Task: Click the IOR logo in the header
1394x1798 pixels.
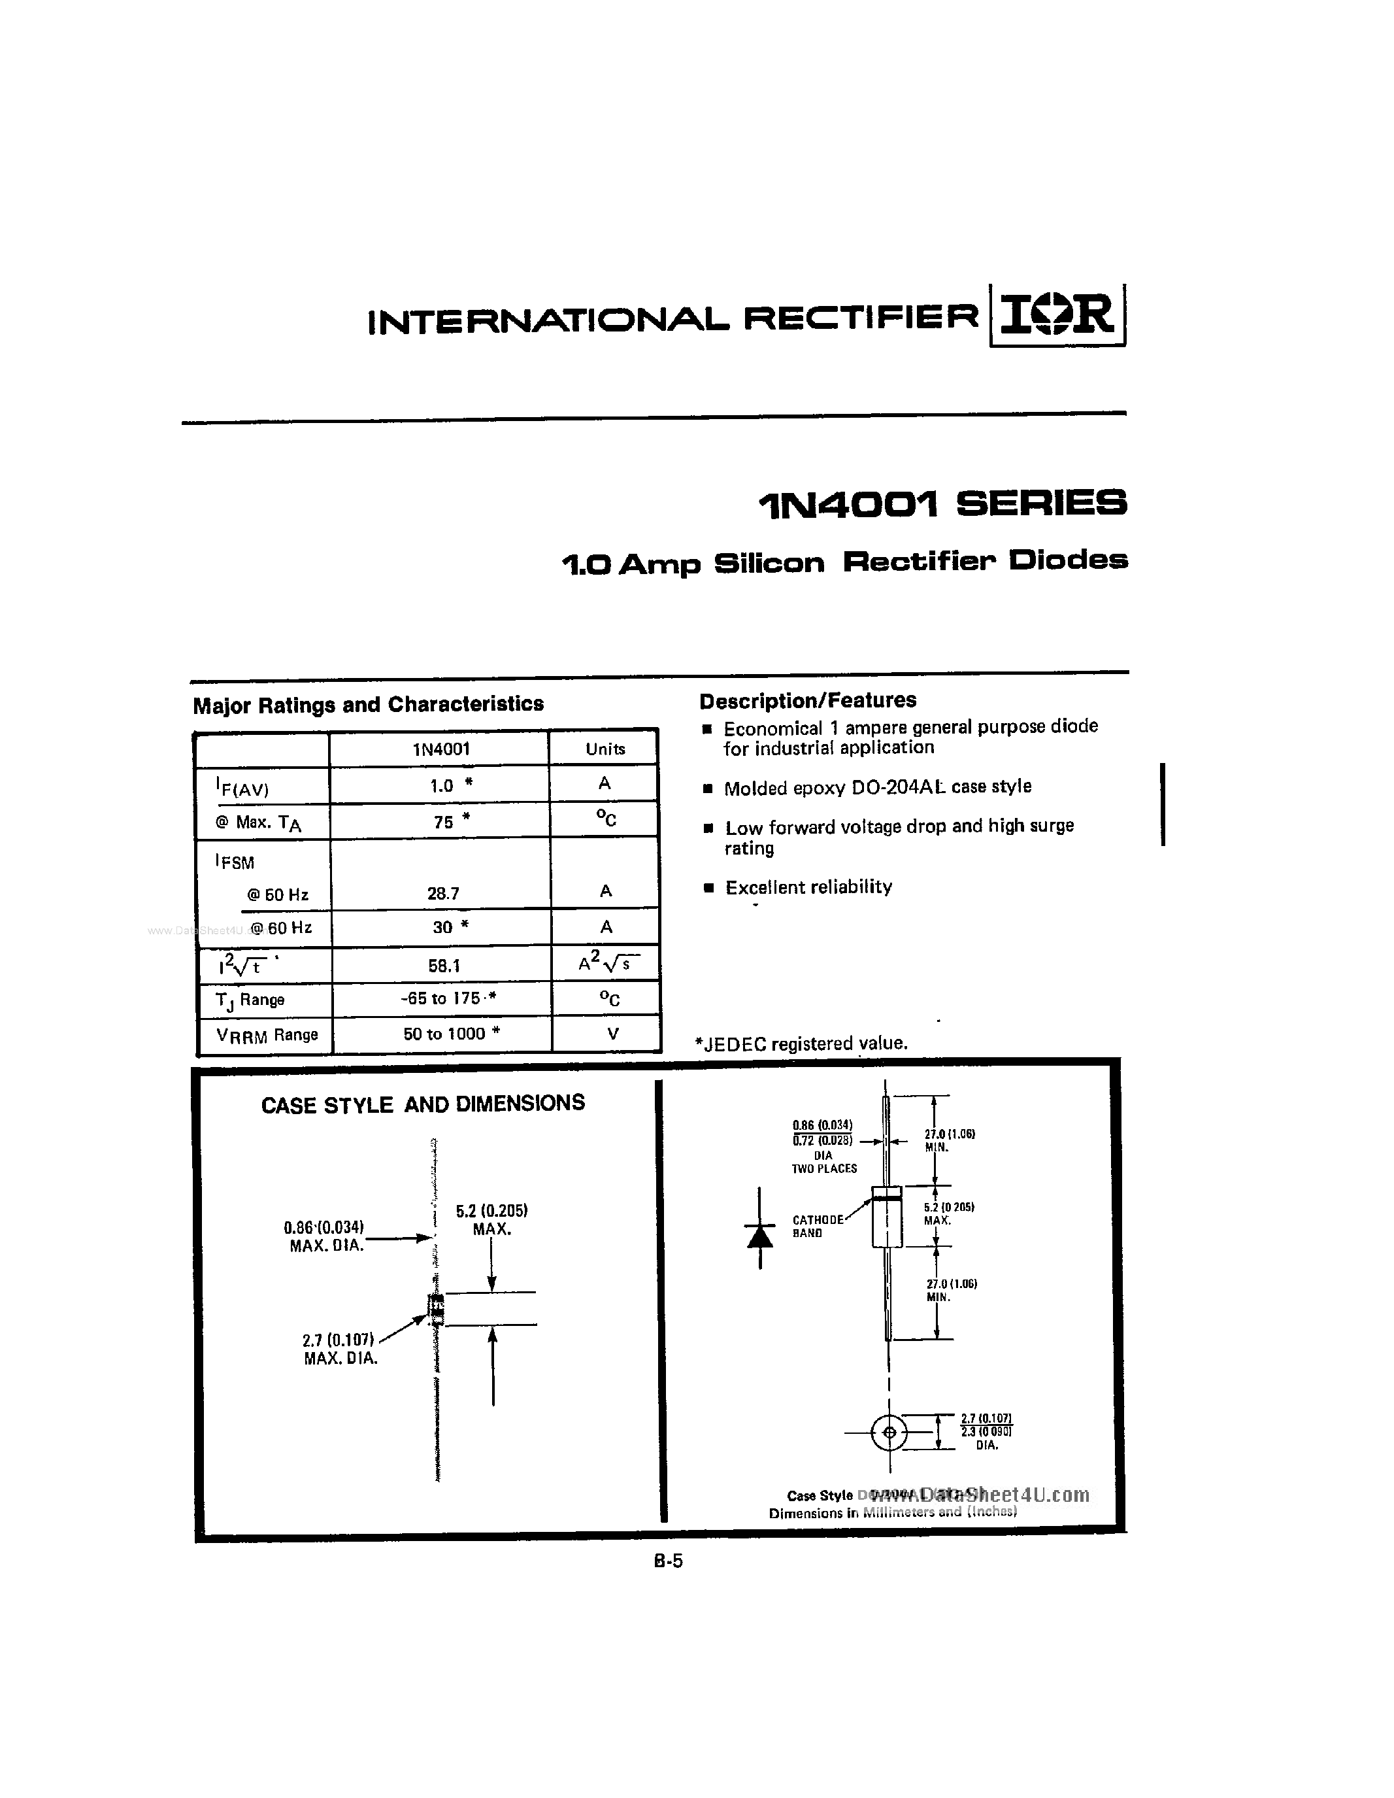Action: tap(1057, 315)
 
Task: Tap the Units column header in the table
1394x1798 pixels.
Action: tap(605, 749)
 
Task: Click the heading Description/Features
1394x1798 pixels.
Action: tap(807, 701)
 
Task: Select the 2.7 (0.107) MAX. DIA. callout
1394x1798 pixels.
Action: tap(340, 1348)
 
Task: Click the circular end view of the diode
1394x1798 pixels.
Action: tap(889, 1433)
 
